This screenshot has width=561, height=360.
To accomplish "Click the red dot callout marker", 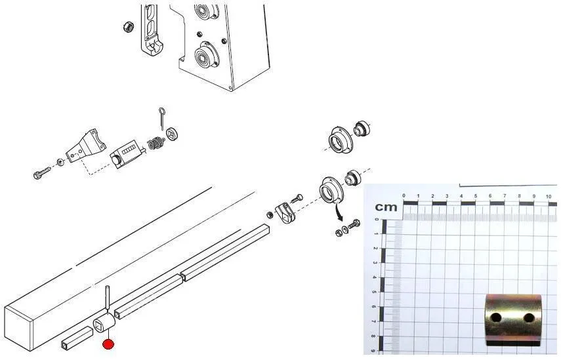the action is tap(108, 345).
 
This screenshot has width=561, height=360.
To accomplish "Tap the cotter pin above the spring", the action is tap(161, 119).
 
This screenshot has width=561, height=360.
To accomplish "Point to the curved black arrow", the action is tap(337, 211).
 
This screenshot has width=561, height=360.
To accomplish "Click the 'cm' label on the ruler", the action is tap(386, 207).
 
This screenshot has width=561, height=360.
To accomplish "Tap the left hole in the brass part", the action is tap(496, 317).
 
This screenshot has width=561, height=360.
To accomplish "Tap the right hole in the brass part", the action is tap(528, 317).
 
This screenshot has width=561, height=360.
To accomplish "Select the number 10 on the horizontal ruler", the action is tap(549, 197).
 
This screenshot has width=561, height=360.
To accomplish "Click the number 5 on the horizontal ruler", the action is tap(476, 196).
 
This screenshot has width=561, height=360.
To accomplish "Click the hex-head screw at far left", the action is tap(43, 172).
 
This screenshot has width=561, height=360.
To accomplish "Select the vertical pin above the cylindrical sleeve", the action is tap(107, 298).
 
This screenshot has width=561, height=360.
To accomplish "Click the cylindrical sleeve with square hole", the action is tap(104, 323).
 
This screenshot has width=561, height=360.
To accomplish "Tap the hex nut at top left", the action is tap(129, 26).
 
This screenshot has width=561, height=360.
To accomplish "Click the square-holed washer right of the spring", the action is tap(172, 134).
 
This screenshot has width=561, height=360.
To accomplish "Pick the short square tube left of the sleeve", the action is tap(77, 338).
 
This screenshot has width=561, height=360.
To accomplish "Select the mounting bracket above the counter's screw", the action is tap(86, 147).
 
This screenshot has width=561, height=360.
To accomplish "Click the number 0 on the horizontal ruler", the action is tap(404, 195).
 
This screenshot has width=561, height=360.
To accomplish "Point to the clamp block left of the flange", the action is tap(285, 212).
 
